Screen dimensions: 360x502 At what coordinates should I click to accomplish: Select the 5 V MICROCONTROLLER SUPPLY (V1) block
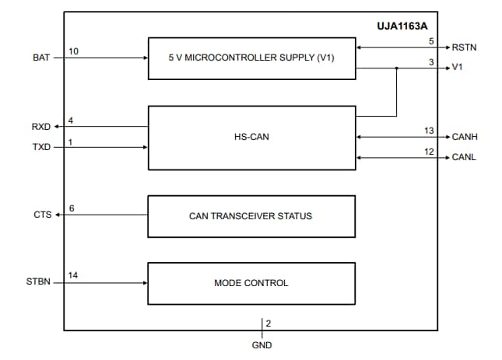[251, 58]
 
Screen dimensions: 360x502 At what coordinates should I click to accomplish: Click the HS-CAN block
[251, 138]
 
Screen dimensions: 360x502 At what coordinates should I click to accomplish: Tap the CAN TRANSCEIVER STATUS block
[251, 215]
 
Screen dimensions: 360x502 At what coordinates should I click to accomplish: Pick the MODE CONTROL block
[251, 283]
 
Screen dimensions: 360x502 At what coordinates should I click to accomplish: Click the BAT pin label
[41, 58]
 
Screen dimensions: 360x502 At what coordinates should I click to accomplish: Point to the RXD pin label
[41, 127]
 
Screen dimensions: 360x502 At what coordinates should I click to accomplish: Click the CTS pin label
[42, 215]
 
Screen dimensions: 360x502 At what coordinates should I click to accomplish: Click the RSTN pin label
[464, 47]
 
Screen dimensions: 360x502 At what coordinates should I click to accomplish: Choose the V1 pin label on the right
[458, 68]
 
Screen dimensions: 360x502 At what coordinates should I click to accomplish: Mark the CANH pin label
[465, 137]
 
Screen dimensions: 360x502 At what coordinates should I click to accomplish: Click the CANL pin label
[465, 158]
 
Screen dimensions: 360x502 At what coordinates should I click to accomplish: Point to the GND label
[262, 344]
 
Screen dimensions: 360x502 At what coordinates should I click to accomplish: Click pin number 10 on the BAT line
[73, 51]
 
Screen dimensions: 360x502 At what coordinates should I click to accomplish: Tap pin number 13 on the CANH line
[429, 130]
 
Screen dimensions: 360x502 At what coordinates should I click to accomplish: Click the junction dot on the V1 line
[397, 68]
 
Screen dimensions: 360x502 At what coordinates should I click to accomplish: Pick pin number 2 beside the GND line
[268, 323]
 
